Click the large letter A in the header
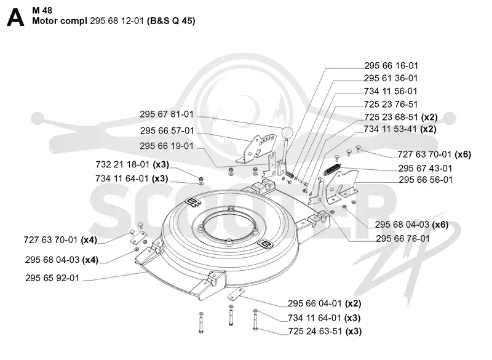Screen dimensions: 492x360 click(15, 18)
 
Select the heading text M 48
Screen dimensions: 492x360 click(42, 10)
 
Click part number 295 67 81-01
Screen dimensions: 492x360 click(166, 114)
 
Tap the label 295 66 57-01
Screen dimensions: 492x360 click(167, 130)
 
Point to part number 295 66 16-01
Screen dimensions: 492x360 click(391, 66)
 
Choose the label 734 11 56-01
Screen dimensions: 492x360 click(391, 91)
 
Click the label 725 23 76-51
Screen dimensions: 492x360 click(391, 104)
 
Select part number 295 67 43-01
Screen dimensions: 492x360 click(425, 169)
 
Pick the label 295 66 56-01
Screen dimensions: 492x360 click(426, 180)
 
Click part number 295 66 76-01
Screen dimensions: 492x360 click(403, 239)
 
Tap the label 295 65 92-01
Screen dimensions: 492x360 click(52, 278)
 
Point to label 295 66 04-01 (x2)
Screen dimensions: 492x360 click(325, 303)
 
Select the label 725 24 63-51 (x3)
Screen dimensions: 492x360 click(325, 332)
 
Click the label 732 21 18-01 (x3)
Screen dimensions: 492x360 click(132, 164)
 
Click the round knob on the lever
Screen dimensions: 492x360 click(287, 132)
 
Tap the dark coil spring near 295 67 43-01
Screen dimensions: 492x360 click(332, 169)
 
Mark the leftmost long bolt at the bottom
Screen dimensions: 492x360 click(201, 322)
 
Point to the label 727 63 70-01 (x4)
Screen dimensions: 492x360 click(60, 240)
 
